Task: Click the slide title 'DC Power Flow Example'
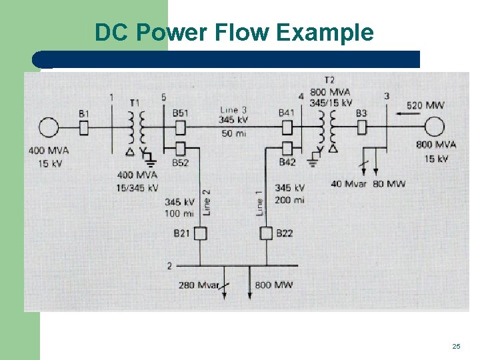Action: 234,32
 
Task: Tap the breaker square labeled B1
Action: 84,127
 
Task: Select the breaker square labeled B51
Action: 179,127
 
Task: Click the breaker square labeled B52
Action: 179,148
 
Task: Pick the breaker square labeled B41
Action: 287,127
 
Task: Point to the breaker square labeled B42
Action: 287,148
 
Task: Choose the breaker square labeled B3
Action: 362,127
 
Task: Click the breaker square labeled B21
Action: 199,233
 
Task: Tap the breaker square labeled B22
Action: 266,233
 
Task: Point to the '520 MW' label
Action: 425,105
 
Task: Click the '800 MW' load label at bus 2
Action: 273,285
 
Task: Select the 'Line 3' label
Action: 233,109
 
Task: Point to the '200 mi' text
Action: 289,199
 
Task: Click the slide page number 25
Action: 456,346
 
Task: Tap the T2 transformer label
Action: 329,81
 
